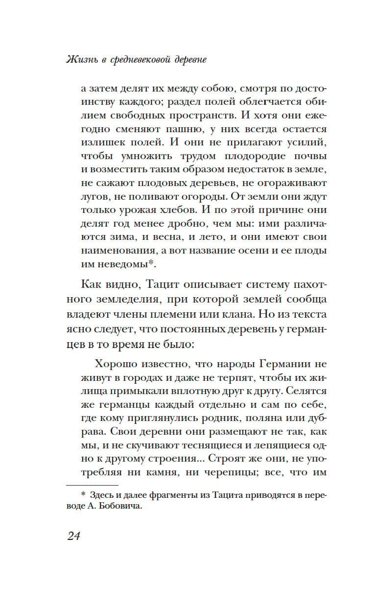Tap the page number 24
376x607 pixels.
[73, 536]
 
